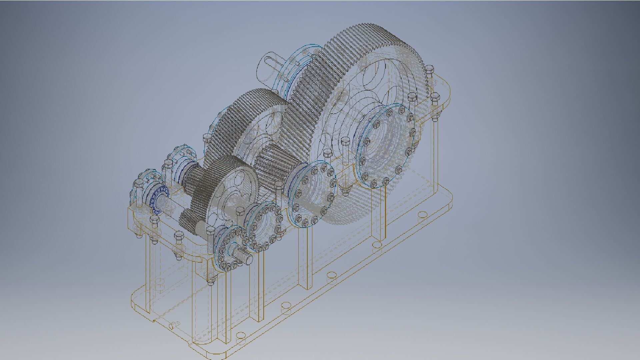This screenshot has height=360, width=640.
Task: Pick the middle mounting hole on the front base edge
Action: pos(331,275)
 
